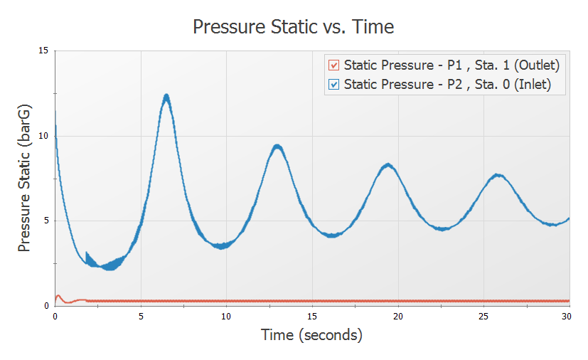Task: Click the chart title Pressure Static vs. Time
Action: pos(294,27)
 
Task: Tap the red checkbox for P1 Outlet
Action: pos(333,65)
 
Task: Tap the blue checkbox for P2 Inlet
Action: pos(333,85)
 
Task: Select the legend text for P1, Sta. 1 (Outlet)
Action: pos(451,65)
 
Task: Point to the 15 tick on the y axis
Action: pos(44,51)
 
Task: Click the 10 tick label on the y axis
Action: pos(44,136)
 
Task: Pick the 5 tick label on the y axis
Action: pos(46,221)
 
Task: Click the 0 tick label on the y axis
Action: pos(46,306)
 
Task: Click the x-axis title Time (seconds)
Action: pos(311,334)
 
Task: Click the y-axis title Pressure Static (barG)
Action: pos(24,177)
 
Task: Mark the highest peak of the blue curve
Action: pos(166,97)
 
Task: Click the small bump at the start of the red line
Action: pos(58,295)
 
